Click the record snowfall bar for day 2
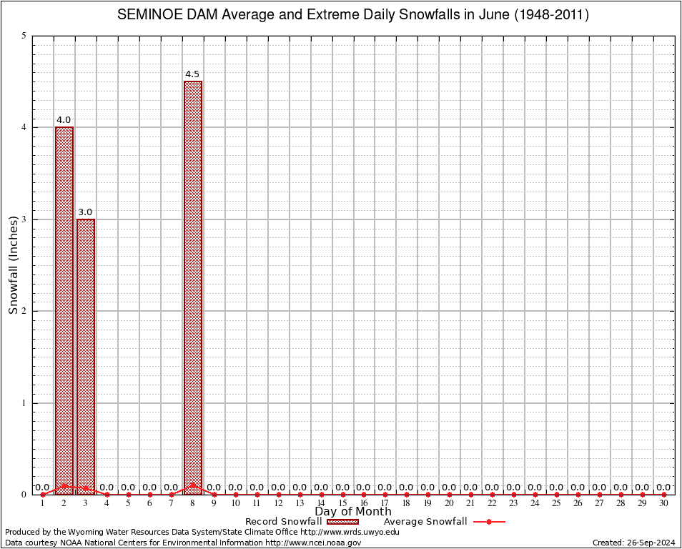[64, 307]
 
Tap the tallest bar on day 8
[193, 286]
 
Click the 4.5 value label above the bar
[192, 74]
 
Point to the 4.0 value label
[64, 120]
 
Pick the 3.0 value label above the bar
[85, 212]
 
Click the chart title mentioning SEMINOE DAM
[353, 15]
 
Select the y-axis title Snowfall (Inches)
[13, 265]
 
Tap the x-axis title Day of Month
[353, 511]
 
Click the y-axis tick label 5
[24, 36]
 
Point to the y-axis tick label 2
[24, 311]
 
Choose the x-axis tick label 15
[342, 503]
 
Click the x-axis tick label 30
[663, 503]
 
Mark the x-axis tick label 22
[492, 503]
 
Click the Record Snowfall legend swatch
[342, 522]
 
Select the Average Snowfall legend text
[425, 522]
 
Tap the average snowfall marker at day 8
[193, 485]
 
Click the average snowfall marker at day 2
[64, 485]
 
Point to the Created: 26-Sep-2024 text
[634, 543]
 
